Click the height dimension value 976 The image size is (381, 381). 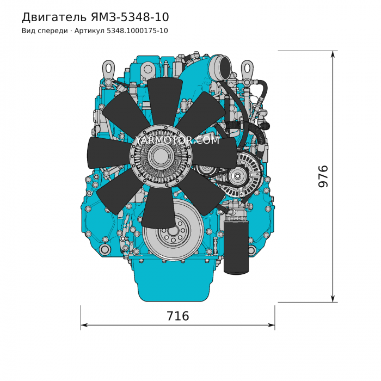click(x=323, y=176)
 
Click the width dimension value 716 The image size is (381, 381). click(x=177, y=316)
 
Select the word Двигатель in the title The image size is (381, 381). click(x=54, y=17)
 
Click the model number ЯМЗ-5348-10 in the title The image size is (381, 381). click(x=130, y=17)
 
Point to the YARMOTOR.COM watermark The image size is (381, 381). click(x=177, y=140)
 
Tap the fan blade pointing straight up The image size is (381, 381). click(x=165, y=102)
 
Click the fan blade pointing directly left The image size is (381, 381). click(x=109, y=153)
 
